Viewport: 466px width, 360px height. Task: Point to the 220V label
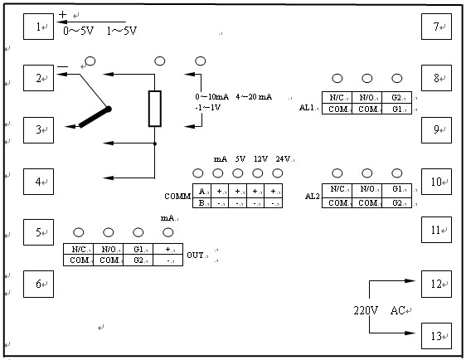[366, 311]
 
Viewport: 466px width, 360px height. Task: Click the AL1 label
[307, 107]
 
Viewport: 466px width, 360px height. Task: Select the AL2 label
[313, 197]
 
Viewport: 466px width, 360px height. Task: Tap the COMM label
[177, 197]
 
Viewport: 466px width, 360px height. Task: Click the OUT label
[195, 255]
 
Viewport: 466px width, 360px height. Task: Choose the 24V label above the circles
[283, 159]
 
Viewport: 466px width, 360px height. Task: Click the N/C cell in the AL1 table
[337, 97]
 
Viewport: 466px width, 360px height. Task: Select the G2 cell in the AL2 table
[396, 202]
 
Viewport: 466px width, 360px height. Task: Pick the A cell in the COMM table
[201, 191]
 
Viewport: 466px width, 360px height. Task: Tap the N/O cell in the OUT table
[108, 249]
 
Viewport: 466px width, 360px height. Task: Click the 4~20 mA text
[254, 96]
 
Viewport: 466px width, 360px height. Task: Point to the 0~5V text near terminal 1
[79, 31]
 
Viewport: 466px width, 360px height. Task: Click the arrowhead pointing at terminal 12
[410, 280]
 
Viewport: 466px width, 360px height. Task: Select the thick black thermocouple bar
[95, 117]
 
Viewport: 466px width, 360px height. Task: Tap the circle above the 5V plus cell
[237, 173]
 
